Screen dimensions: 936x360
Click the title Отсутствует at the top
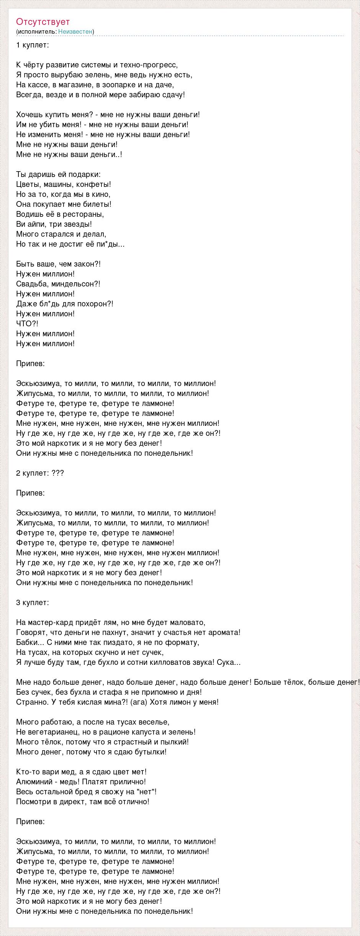43,21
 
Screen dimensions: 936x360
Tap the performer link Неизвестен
75,31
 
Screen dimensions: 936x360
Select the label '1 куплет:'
33,45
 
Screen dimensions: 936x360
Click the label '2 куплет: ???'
40,473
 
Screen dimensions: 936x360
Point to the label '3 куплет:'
33,602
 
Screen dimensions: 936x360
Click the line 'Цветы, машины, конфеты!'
64,184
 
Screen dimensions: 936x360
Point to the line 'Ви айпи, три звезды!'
54,224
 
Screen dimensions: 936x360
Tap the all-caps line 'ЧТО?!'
27,324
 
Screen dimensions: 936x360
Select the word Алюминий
32,782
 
